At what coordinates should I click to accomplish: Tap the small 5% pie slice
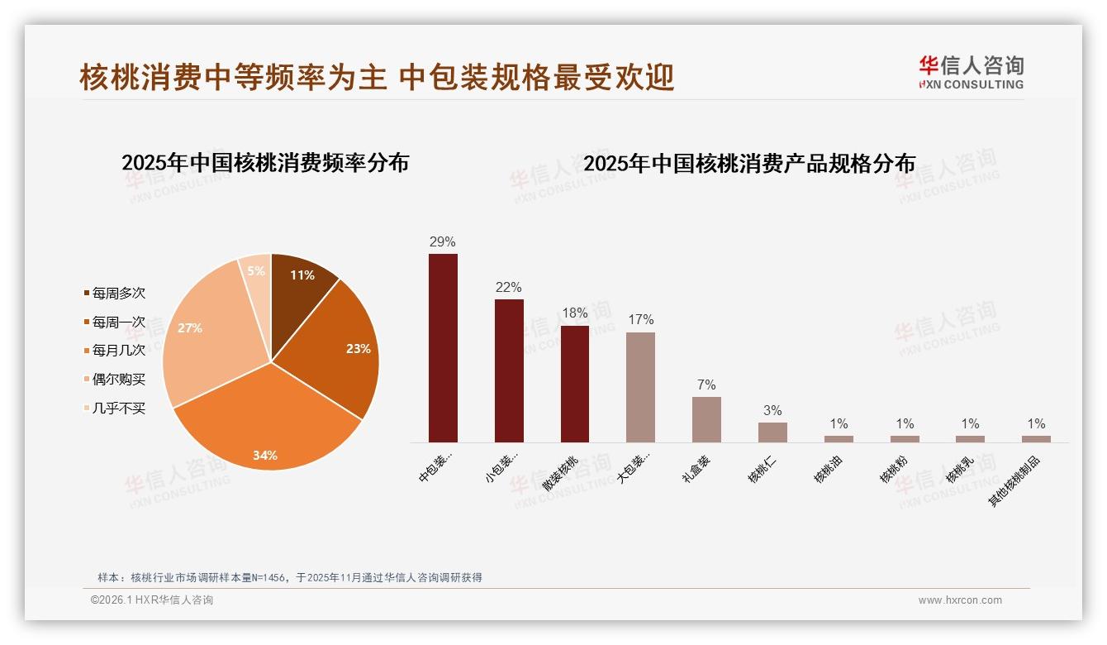pos(257,273)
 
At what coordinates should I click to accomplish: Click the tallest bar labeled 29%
pos(443,348)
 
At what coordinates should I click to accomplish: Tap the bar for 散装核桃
pos(575,384)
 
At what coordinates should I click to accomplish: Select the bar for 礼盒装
pos(706,419)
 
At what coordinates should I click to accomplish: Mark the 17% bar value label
pos(640,320)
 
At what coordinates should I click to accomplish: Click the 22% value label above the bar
pos(509,288)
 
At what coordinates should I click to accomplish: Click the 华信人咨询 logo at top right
pos(971,72)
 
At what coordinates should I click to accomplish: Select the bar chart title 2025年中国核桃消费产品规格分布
pos(749,164)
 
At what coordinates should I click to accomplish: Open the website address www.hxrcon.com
pos(960,600)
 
